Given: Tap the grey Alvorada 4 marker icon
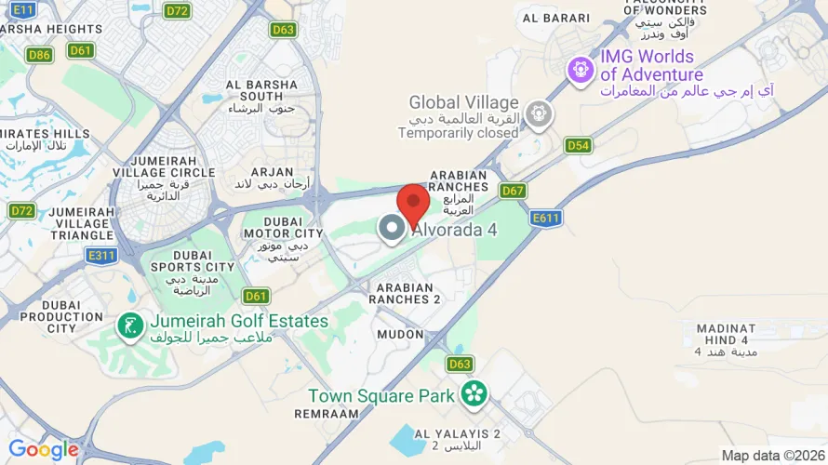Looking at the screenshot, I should coord(392,227).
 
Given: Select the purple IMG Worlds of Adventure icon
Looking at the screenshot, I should coord(581,69).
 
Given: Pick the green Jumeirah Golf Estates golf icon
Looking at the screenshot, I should coord(130,325).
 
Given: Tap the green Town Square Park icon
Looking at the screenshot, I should coord(474,394).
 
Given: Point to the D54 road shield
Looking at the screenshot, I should coord(578,146).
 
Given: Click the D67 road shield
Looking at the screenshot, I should coord(513,191).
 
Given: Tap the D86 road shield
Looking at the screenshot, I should coord(40,55).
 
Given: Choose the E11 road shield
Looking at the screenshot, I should coord(24,9).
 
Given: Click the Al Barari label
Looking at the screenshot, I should coord(556,18).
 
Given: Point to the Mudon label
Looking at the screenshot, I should coord(401,333).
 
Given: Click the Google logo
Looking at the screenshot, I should coord(43,450).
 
